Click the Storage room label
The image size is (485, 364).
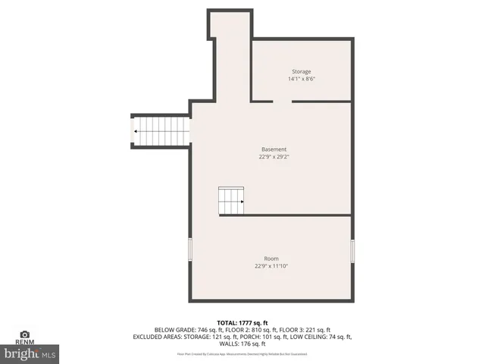point(302,71)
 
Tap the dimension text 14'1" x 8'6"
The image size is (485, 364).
point(302,79)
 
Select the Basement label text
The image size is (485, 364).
point(274,149)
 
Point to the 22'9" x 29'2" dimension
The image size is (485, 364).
point(274,157)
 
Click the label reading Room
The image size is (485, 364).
point(271,259)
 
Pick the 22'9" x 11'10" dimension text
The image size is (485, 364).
point(271,266)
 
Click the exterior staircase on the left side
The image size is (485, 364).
point(161,131)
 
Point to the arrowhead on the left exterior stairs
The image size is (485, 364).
point(136,131)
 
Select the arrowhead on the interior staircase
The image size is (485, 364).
point(242,202)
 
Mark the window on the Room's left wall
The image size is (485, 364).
point(190,251)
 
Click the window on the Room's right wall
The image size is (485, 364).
point(352,251)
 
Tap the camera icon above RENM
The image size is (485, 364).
point(24,334)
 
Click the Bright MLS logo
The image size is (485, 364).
point(30,353)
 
